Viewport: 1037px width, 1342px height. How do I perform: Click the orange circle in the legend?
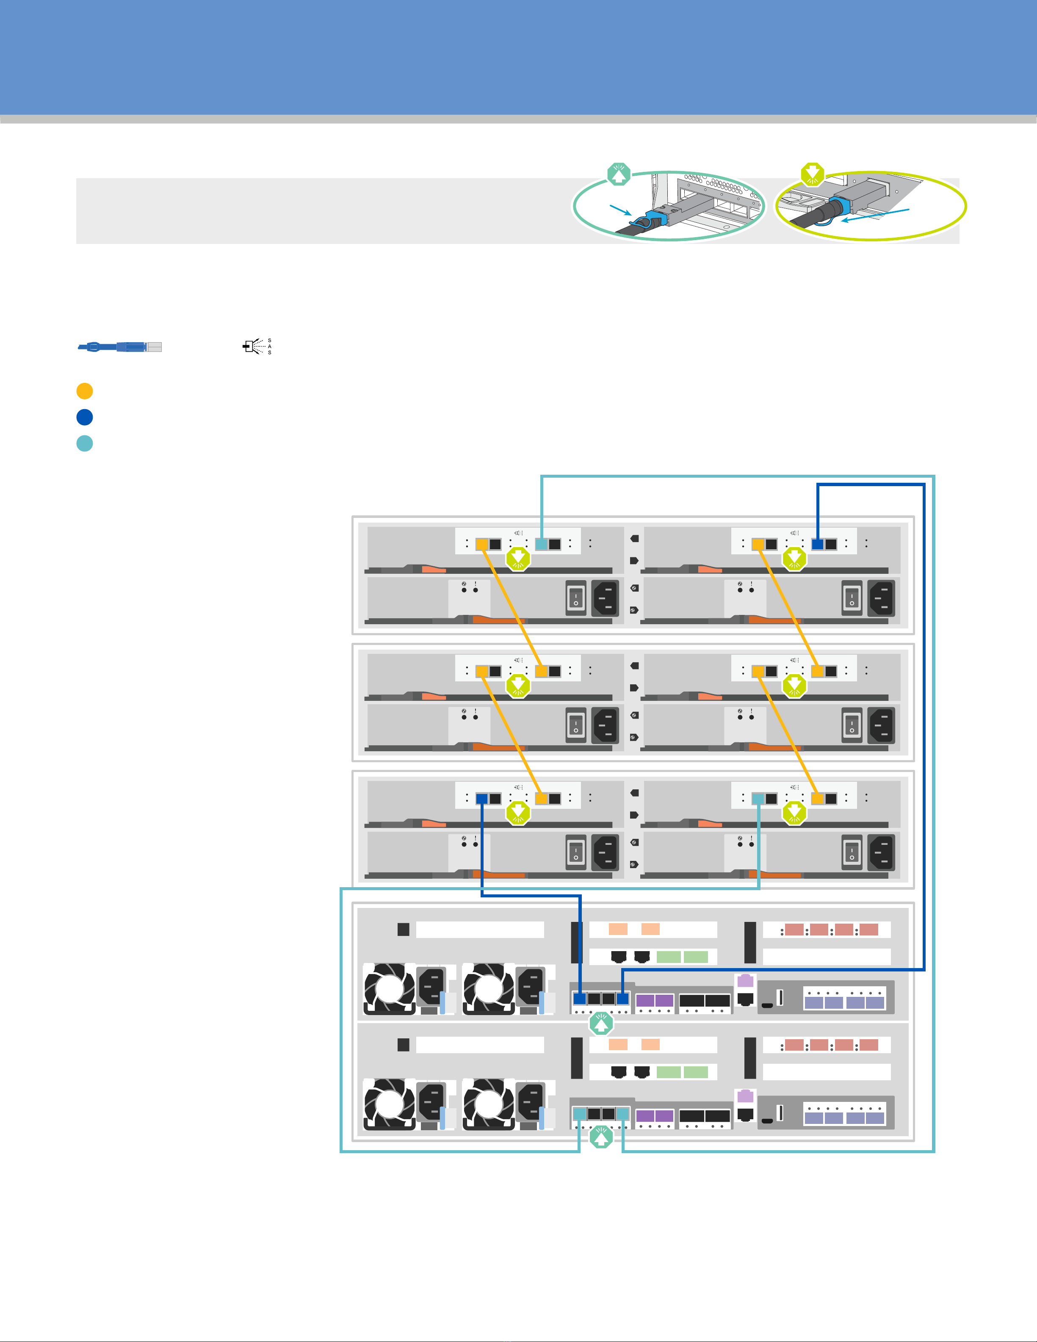(x=85, y=391)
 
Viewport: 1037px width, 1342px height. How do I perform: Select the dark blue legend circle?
(x=85, y=417)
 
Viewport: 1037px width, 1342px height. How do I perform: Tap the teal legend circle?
(x=85, y=443)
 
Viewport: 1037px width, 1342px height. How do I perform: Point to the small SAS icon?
(x=257, y=346)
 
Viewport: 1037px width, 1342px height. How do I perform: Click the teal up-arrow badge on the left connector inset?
(x=619, y=174)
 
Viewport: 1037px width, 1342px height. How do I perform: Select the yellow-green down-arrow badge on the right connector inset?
(x=813, y=174)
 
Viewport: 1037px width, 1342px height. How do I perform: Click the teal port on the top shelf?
(x=541, y=544)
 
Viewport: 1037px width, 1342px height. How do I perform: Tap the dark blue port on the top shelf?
(x=818, y=544)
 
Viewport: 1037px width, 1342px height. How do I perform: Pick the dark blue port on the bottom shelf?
(x=481, y=799)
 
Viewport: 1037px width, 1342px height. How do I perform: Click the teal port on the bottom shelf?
(x=758, y=799)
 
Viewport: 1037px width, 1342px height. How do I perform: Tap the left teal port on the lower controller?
(x=579, y=1113)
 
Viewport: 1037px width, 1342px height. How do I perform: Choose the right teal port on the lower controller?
(x=622, y=1113)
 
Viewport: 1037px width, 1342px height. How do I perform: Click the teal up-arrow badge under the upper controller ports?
(x=601, y=1023)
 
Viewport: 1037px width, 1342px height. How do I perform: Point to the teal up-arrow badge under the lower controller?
(x=601, y=1137)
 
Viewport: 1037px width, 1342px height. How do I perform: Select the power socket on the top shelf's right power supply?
(x=882, y=598)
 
